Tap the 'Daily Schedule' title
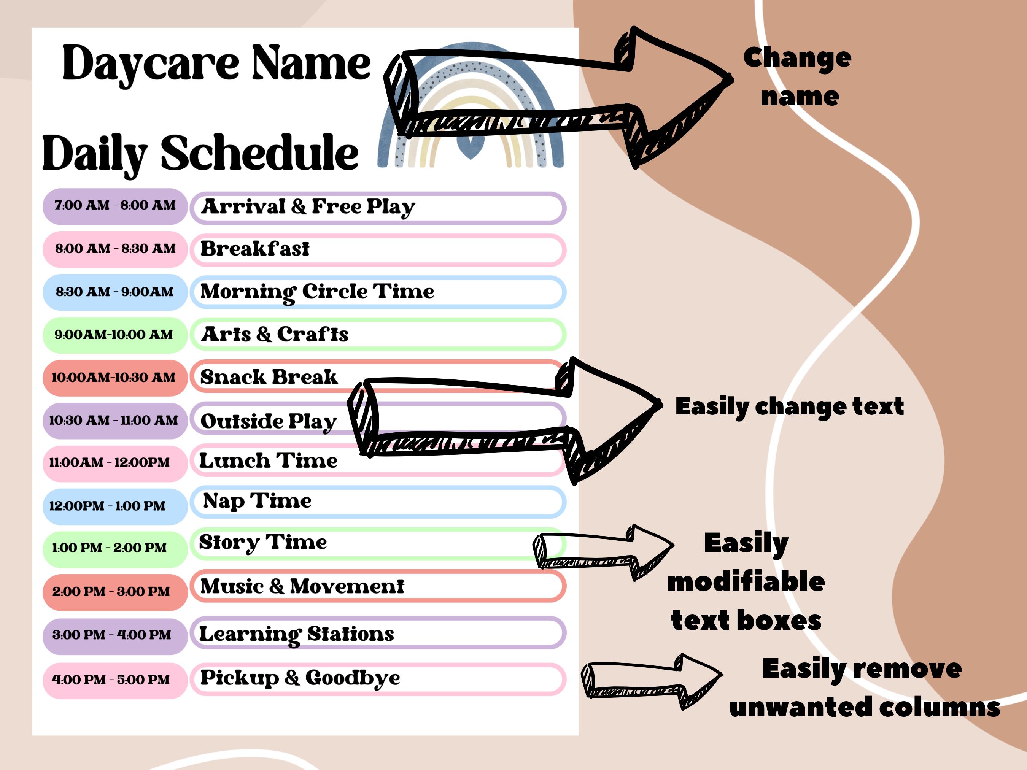tap(200, 153)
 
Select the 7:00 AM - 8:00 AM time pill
tap(114, 206)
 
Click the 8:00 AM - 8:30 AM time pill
tap(114, 249)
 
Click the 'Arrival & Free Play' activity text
tap(308, 207)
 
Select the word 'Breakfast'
tap(254, 249)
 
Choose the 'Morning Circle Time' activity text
tap(317, 292)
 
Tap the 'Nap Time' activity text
tap(257, 501)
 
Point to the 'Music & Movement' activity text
tap(302, 586)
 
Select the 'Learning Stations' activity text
tap(296, 634)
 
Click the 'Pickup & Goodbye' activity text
tap(299, 678)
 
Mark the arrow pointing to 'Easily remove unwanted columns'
tap(652, 680)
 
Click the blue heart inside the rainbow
tap(470, 149)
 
